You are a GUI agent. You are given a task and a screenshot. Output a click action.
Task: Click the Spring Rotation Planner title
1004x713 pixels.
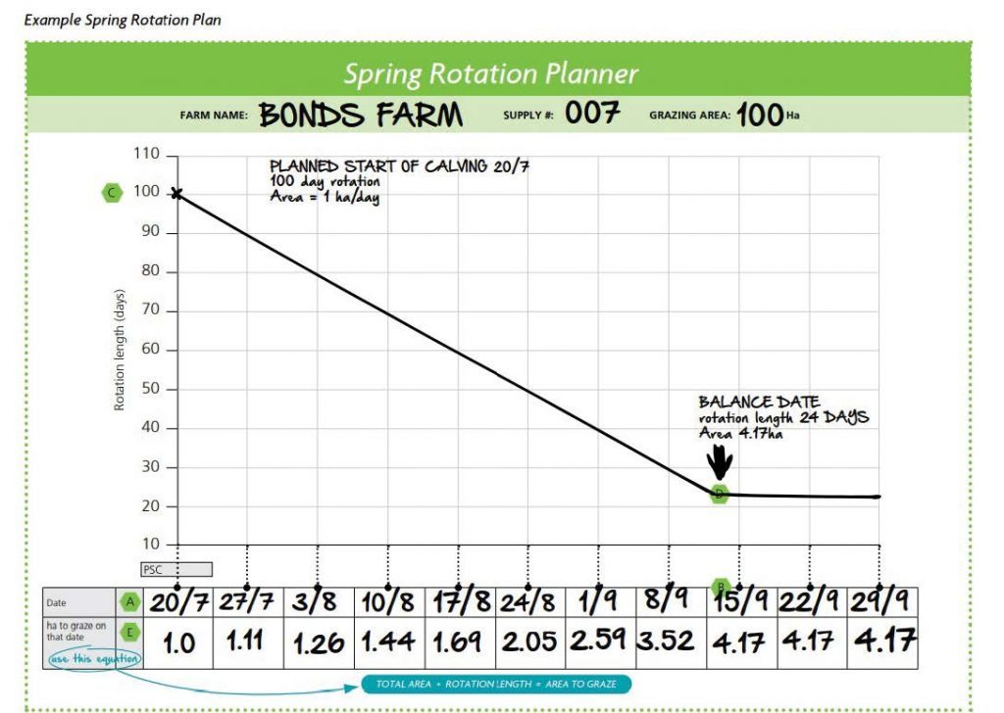click(491, 73)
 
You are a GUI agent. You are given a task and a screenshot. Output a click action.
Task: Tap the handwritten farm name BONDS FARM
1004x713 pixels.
click(361, 115)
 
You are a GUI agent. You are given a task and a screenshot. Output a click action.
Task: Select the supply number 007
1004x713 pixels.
click(592, 114)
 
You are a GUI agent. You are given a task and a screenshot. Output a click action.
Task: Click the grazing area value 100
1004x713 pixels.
click(760, 116)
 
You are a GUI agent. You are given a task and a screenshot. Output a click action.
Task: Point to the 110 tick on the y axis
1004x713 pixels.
click(146, 154)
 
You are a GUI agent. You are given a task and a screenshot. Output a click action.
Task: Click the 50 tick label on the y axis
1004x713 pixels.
click(150, 388)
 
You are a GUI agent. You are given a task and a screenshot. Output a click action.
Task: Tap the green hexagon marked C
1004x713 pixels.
click(112, 192)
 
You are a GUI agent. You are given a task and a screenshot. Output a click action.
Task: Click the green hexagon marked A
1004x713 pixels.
click(130, 601)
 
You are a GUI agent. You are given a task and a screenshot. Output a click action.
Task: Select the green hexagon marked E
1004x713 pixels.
click(130, 633)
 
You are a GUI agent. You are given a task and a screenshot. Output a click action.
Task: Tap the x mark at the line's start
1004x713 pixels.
click(176, 193)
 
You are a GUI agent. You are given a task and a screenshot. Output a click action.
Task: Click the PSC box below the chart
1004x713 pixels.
click(176, 569)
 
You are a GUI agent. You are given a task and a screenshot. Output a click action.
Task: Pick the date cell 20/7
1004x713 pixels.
click(178, 602)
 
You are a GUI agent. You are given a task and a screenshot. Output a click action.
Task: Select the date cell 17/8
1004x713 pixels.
click(460, 602)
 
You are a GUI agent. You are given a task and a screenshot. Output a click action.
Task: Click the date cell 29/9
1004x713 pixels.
click(882, 602)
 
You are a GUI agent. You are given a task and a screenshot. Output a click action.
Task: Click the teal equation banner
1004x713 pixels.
click(496, 685)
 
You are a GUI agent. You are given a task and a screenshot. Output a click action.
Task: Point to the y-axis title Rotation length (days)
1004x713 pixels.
click(119, 350)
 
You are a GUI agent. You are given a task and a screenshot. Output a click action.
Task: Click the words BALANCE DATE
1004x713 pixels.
click(759, 402)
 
